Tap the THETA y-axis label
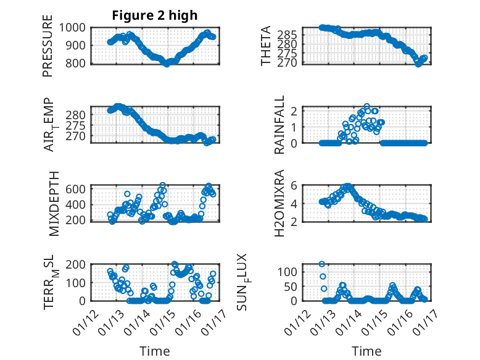[266, 46]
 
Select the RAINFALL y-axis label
[279, 125]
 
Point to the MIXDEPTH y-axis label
[48, 203]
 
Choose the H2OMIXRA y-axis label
[279, 203]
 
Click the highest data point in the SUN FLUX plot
[322, 264]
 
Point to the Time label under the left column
[155, 351]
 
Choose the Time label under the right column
[366, 351]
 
